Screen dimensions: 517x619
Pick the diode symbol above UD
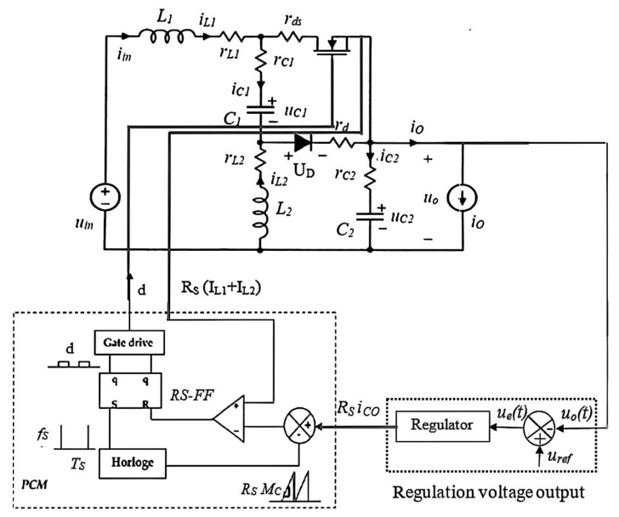tap(302, 142)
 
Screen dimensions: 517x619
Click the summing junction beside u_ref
tap(537, 422)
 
